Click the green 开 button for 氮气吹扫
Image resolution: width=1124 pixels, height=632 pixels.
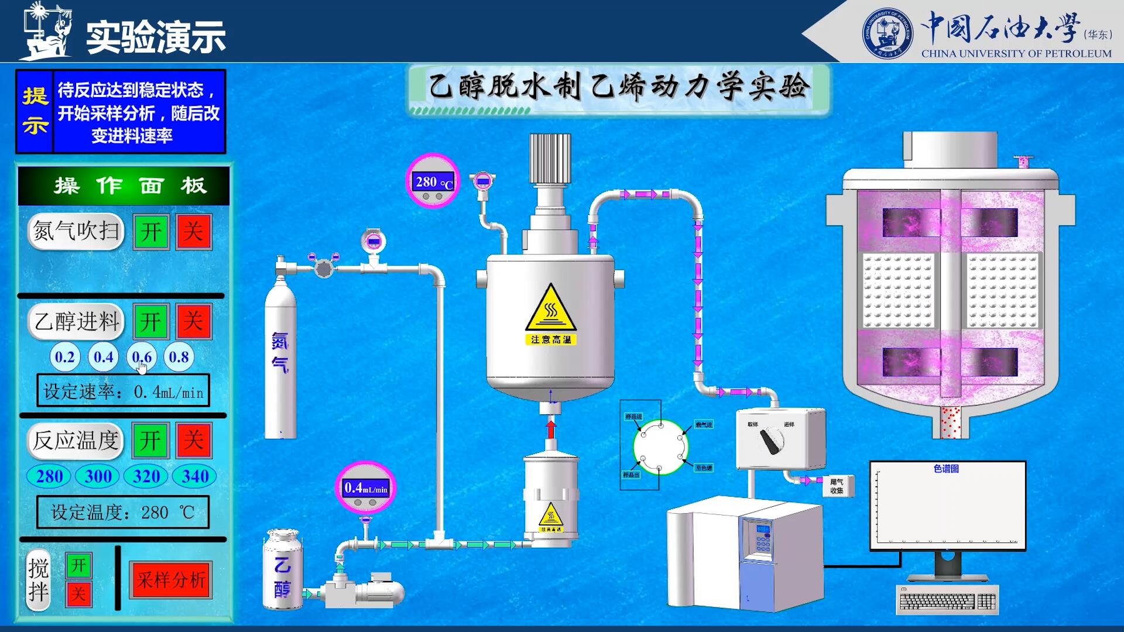tap(151, 232)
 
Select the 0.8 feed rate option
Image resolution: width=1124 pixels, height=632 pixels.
tap(179, 357)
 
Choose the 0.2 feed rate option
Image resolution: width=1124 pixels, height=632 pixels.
tap(65, 357)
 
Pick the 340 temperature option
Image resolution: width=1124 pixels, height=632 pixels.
tap(195, 476)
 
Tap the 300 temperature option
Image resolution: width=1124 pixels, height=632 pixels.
tap(98, 476)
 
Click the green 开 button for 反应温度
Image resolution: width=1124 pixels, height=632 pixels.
tap(151, 440)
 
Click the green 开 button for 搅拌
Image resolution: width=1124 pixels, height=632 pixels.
tap(78, 565)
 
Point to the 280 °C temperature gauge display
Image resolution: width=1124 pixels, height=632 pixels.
tap(433, 182)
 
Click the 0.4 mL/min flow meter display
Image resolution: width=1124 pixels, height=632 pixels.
tap(366, 487)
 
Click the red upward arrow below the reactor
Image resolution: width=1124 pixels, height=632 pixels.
tap(551, 427)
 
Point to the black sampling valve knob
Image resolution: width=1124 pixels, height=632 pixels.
tap(771, 440)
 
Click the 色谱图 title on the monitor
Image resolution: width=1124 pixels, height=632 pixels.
tap(946, 469)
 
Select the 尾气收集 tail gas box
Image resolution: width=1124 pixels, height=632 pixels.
tap(837, 486)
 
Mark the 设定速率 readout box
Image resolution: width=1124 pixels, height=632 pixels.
tap(123, 391)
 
